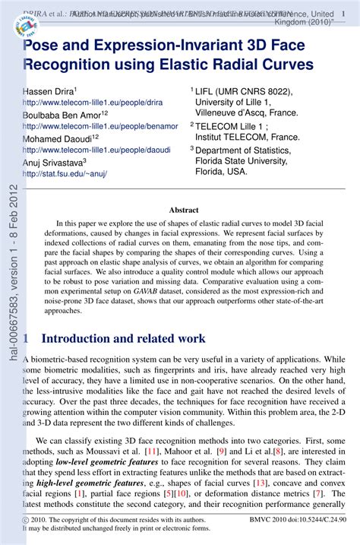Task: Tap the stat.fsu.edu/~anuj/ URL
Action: click(x=65, y=173)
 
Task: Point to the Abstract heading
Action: click(x=183, y=210)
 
